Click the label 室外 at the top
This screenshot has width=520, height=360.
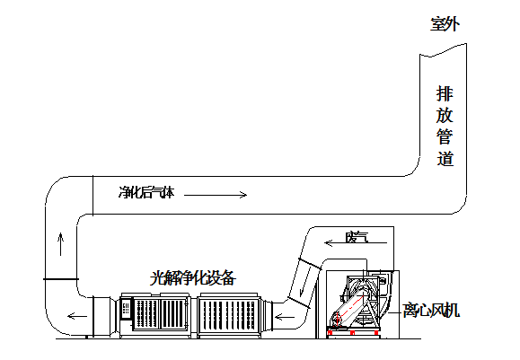point(445,24)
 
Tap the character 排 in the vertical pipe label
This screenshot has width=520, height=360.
point(445,93)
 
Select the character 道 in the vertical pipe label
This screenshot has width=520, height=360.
point(445,158)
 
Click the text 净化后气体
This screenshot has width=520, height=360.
point(146,192)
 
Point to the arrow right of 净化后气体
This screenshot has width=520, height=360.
point(216,195)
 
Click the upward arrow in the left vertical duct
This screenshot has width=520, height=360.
point(61,244)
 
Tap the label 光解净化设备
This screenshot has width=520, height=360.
point(193,278)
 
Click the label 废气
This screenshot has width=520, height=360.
point(357,237)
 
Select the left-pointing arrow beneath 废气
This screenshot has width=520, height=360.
point(356,243)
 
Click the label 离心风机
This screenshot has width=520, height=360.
point(431,311)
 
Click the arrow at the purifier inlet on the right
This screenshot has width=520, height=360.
point(285,317)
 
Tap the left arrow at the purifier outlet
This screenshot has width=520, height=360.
point(77,316)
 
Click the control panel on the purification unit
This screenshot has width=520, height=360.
point(126,310)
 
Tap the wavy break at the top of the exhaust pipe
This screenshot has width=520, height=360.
point(443,49)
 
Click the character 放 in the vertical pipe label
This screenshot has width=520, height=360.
point(445,115)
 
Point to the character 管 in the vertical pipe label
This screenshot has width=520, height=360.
point(445,136)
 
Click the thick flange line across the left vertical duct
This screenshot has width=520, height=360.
point(61,279)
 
